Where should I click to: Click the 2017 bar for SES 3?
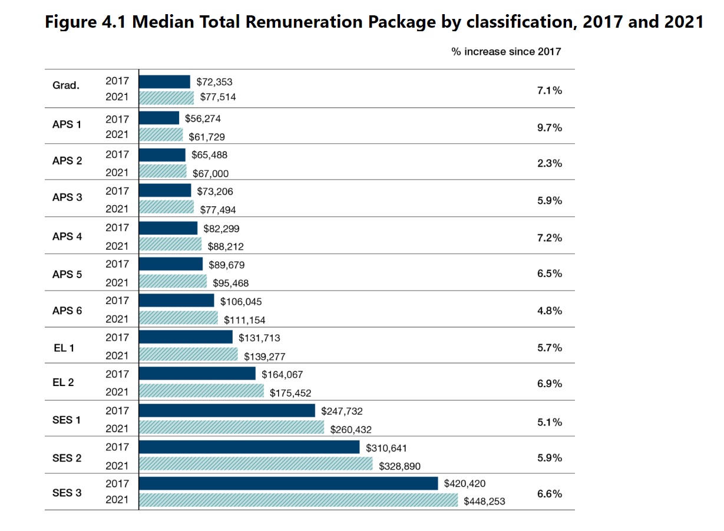tap(289, 483)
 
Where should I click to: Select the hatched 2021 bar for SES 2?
tap(256, 464)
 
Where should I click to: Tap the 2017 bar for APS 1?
tap(159, 118)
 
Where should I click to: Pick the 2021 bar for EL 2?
tap(201, 391)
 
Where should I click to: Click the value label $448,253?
tap(485, 502)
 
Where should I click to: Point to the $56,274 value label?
tap(203, 118)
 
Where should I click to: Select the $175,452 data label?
tap(290, 393)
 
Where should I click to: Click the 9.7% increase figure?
tap(550, 127)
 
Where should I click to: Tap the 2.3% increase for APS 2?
tap(550, 164)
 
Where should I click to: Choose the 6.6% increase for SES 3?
tap(550, 494)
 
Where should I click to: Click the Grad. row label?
tap(66, 85)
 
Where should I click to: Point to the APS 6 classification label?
tap(67, 311)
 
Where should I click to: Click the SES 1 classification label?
tap(66, 420)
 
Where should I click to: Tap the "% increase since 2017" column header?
tap(506, 52)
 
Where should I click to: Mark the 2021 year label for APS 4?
tap(117, 246)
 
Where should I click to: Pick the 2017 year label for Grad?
tap(117, 81)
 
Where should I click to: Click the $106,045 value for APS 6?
tap(241, 302)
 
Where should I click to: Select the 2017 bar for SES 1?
tap(227, 410)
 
